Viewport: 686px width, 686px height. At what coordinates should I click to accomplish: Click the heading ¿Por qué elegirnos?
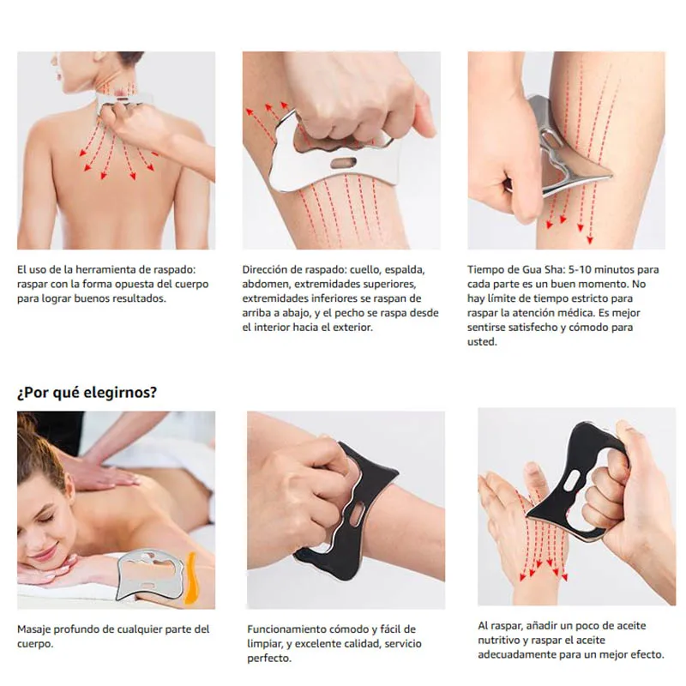click(x=87, y=393)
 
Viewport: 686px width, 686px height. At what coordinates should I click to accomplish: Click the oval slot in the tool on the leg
click(x=343, y=163)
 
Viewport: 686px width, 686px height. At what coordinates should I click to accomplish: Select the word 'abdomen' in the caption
click(x=266, y=284)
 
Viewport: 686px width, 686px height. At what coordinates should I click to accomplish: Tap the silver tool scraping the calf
click(x=576, y=154)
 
